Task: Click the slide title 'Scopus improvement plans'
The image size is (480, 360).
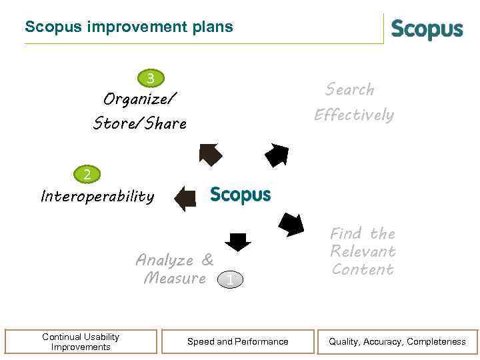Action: pos(129,27)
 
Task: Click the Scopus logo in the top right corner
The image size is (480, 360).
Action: pos(427,30)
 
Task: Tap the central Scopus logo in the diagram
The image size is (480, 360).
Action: pos(240,195)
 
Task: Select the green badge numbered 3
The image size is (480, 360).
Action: pos(151,79)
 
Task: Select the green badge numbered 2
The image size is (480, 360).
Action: pos(87,175)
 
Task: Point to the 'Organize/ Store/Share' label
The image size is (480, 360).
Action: pos(140,111)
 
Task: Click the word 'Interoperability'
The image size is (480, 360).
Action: pos(97,197)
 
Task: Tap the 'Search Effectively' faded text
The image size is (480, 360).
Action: pos(353,102)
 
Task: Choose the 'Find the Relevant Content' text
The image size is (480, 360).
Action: pos(363,251)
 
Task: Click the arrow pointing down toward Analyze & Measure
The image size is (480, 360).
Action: pos(237,241)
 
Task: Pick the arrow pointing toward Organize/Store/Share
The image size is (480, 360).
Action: pos(211,154)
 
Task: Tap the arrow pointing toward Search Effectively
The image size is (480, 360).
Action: pos(277,154)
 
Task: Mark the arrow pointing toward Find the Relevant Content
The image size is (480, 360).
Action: pos(291,224)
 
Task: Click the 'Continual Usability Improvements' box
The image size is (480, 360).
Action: pos(81,341)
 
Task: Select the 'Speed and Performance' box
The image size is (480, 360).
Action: pos(238,341)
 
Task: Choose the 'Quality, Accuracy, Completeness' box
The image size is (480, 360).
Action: pos(397,341)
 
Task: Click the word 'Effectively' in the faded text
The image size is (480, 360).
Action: pos(354,115)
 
